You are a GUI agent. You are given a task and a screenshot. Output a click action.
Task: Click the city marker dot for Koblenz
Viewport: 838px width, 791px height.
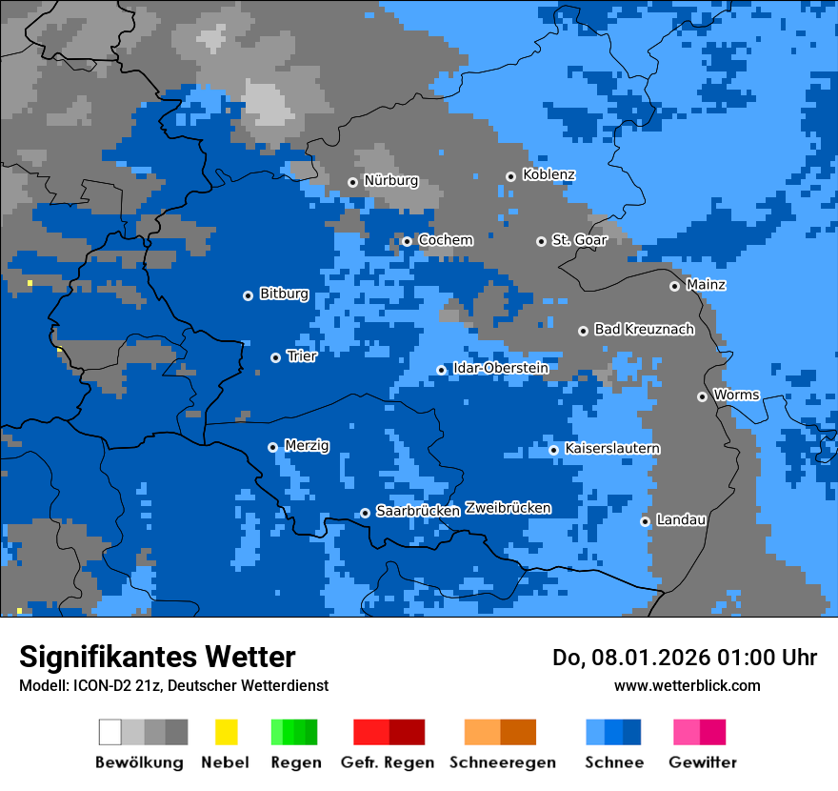pos(510,176)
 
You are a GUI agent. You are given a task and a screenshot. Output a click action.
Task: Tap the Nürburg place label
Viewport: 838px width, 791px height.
pos(390,181)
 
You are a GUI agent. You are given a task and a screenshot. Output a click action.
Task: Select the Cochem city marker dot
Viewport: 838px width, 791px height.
pos(407,241)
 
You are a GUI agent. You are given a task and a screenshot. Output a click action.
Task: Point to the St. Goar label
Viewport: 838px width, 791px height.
pos(579,240)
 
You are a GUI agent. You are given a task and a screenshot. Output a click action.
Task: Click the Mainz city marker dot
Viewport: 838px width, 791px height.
pos(674,286)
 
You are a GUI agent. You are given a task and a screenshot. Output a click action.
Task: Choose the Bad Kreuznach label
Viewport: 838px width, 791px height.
pos(644,330)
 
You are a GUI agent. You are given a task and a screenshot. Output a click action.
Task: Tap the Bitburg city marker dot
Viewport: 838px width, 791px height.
pos(248,295)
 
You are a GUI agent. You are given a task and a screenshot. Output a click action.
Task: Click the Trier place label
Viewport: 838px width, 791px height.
pos(302,356)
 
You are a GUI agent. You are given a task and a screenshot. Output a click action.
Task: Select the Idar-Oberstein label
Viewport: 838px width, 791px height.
pos(500,369)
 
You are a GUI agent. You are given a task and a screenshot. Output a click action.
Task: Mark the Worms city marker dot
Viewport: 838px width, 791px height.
pos(702,396)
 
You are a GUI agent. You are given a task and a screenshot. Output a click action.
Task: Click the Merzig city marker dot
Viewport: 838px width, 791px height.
pos(272,447)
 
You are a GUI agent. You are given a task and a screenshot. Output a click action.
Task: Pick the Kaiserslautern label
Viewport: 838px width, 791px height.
pos(612,449)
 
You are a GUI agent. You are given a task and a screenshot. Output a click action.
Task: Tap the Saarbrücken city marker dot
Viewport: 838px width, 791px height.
pos(365,513)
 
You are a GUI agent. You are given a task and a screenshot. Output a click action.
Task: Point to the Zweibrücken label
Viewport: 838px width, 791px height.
pos(508,509)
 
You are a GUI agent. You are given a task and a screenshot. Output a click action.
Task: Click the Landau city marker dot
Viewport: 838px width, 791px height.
pos(645,521)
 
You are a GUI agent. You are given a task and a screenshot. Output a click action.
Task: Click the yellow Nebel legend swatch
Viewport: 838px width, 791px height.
pos(226,732)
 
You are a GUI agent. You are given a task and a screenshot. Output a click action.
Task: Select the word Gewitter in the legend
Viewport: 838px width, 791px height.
pos(703,762)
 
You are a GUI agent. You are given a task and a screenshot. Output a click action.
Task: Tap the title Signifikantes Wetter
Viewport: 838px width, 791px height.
pos(157,658)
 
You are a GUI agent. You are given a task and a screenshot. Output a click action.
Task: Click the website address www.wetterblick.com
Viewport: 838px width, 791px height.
pos(687,686)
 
